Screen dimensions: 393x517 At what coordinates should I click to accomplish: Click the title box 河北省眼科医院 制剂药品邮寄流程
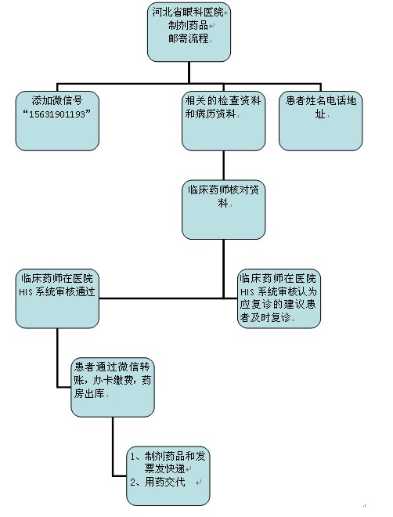pos(189,32)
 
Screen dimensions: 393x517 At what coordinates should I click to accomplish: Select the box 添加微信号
pos(57,121)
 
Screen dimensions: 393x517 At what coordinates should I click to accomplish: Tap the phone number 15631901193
pos(56,114)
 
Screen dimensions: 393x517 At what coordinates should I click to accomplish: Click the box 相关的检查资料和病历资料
pos(223,121)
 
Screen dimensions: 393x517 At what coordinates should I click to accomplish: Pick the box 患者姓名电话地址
pos(320,121)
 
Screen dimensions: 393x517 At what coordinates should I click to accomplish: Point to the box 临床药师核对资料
pos(223,210)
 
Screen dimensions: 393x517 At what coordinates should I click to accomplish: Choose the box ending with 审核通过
pos(57,298)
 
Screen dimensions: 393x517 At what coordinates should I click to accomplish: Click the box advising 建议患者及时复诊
pos(279,298)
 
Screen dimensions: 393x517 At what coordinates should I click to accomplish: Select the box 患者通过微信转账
pos(113,388)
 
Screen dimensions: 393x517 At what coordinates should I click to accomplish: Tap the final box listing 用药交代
pos(168,476)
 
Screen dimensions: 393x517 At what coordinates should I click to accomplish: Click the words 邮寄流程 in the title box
pos(189,38)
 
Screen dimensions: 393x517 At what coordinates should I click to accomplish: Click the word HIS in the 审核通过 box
pos(26,292)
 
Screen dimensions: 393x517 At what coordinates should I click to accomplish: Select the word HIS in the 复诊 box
pos(247,292)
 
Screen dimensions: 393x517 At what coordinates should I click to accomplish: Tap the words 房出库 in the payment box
pos(89,393)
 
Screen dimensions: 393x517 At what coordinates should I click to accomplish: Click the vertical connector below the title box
pos(189,73)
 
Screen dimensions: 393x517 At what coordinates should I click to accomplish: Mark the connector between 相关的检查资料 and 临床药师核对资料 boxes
pos(224,165)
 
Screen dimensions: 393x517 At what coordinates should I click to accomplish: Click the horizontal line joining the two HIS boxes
pos(168,298)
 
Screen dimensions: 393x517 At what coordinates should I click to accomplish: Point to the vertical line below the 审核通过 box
pos(57,357)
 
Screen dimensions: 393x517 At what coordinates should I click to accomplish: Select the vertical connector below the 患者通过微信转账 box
pos(113,446)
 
